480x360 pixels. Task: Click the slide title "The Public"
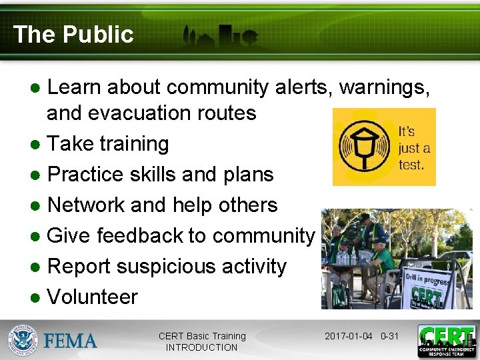(73, 35)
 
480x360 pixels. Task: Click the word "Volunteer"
(93, 297)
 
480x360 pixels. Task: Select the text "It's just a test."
(413, 147)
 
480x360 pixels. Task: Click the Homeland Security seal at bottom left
(23, 341)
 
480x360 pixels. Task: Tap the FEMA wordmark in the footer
(71, 341)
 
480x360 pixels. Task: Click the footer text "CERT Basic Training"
(202, 336)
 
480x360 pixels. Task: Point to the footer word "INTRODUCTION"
(201, 347)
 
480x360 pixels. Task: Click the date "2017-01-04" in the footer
(349, 336)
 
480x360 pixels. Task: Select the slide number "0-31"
(389, 336)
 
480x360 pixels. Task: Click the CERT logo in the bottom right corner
(446, 341)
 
